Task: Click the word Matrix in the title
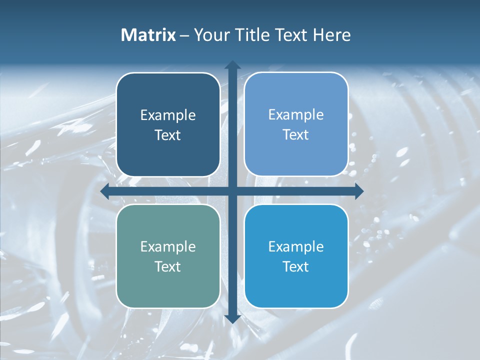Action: [148, 35]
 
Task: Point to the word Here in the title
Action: [331, 35]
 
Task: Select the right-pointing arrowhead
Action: [358, 191]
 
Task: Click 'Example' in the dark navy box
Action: [168, 115]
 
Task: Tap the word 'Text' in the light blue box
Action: [296, 135]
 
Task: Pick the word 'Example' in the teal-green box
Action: [168, 247]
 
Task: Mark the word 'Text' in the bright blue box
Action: [296, 267]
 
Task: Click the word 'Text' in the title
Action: [291, 35]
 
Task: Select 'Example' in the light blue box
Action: [296, 115]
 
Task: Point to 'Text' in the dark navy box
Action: [168, 135]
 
